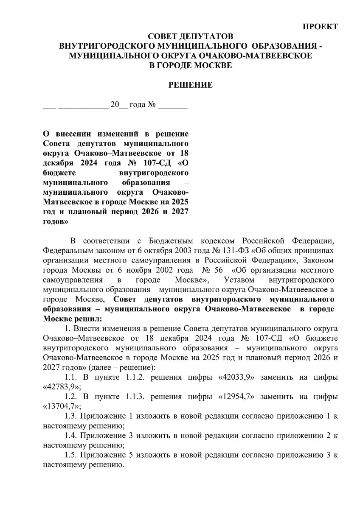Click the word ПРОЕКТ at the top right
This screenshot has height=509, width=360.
320,27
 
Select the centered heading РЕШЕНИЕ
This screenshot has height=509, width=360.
191,85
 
